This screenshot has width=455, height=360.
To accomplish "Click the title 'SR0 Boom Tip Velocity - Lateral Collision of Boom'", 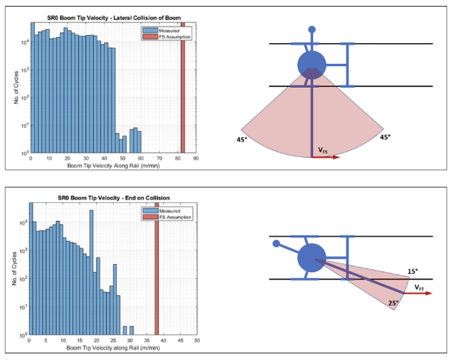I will click(x=112, y=16).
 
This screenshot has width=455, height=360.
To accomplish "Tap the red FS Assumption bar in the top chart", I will click(x=183, y=89).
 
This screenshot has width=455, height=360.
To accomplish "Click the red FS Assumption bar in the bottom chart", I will click(x=156, y=275).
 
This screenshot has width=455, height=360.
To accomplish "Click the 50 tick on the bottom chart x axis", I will click(x=196, y=340).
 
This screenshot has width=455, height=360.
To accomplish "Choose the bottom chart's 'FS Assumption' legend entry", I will click(x=175, y=217).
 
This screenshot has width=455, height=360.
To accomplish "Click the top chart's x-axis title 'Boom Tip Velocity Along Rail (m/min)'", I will click(x=112, y=166).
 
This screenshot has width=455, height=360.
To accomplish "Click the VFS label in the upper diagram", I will click(x=323, y=151).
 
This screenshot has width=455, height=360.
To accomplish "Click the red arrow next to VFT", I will click(x=420, y=294).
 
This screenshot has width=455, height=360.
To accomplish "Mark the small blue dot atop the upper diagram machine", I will click(x=312, y=30).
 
